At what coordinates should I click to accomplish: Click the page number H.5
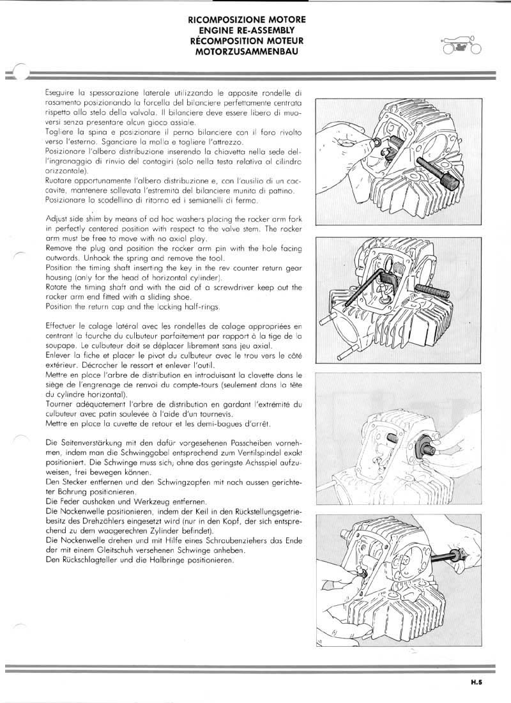pyautogui.click(x=476, y=683)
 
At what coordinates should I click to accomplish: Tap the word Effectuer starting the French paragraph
pyautogui.click(x=64, y=325)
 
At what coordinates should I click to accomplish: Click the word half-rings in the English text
pyautogui.click(x=199, y=307)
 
